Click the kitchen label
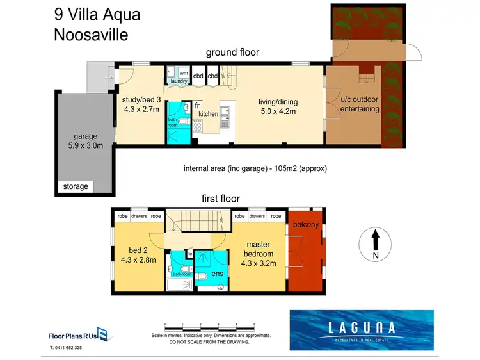click(208, 113)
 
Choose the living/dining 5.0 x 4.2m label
click(278, 106)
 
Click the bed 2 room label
click(138, 255)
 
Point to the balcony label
click(307, 225)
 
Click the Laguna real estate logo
click(361, 329)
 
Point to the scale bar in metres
click(210, 325)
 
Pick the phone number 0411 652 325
click(66, 348)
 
